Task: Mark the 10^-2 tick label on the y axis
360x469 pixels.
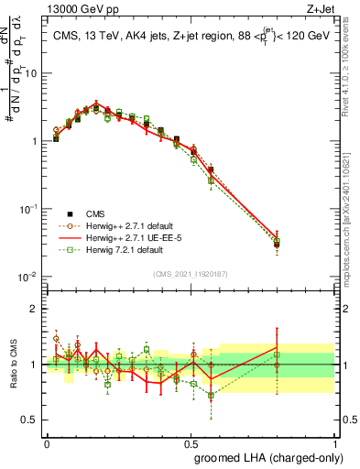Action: pos(27,277)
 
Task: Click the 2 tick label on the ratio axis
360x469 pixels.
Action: pos(34,309)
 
